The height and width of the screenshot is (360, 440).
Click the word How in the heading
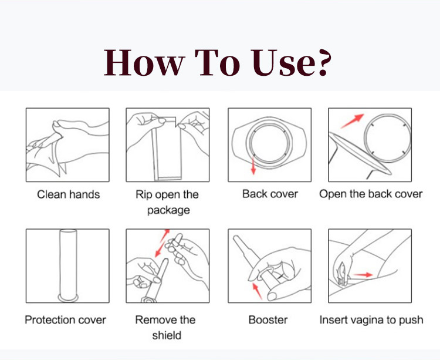coord(144,63)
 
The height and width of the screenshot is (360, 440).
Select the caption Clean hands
coord(68,194)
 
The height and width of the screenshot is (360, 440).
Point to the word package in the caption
coord(168,211)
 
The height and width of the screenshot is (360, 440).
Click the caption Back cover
coord(270,194)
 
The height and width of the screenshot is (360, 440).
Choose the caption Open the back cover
coord(371,194)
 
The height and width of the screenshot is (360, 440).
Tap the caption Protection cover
coord(65,320)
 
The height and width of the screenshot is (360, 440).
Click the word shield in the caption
coord(167,335)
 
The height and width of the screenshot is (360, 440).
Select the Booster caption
coord(268,320)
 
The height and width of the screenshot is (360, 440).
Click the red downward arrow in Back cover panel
coord(253,166)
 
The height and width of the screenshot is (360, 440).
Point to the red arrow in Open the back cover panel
coord(352,121)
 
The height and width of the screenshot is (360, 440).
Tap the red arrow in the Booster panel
coord(258,291)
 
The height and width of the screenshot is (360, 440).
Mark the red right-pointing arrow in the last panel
coord(363,275)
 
